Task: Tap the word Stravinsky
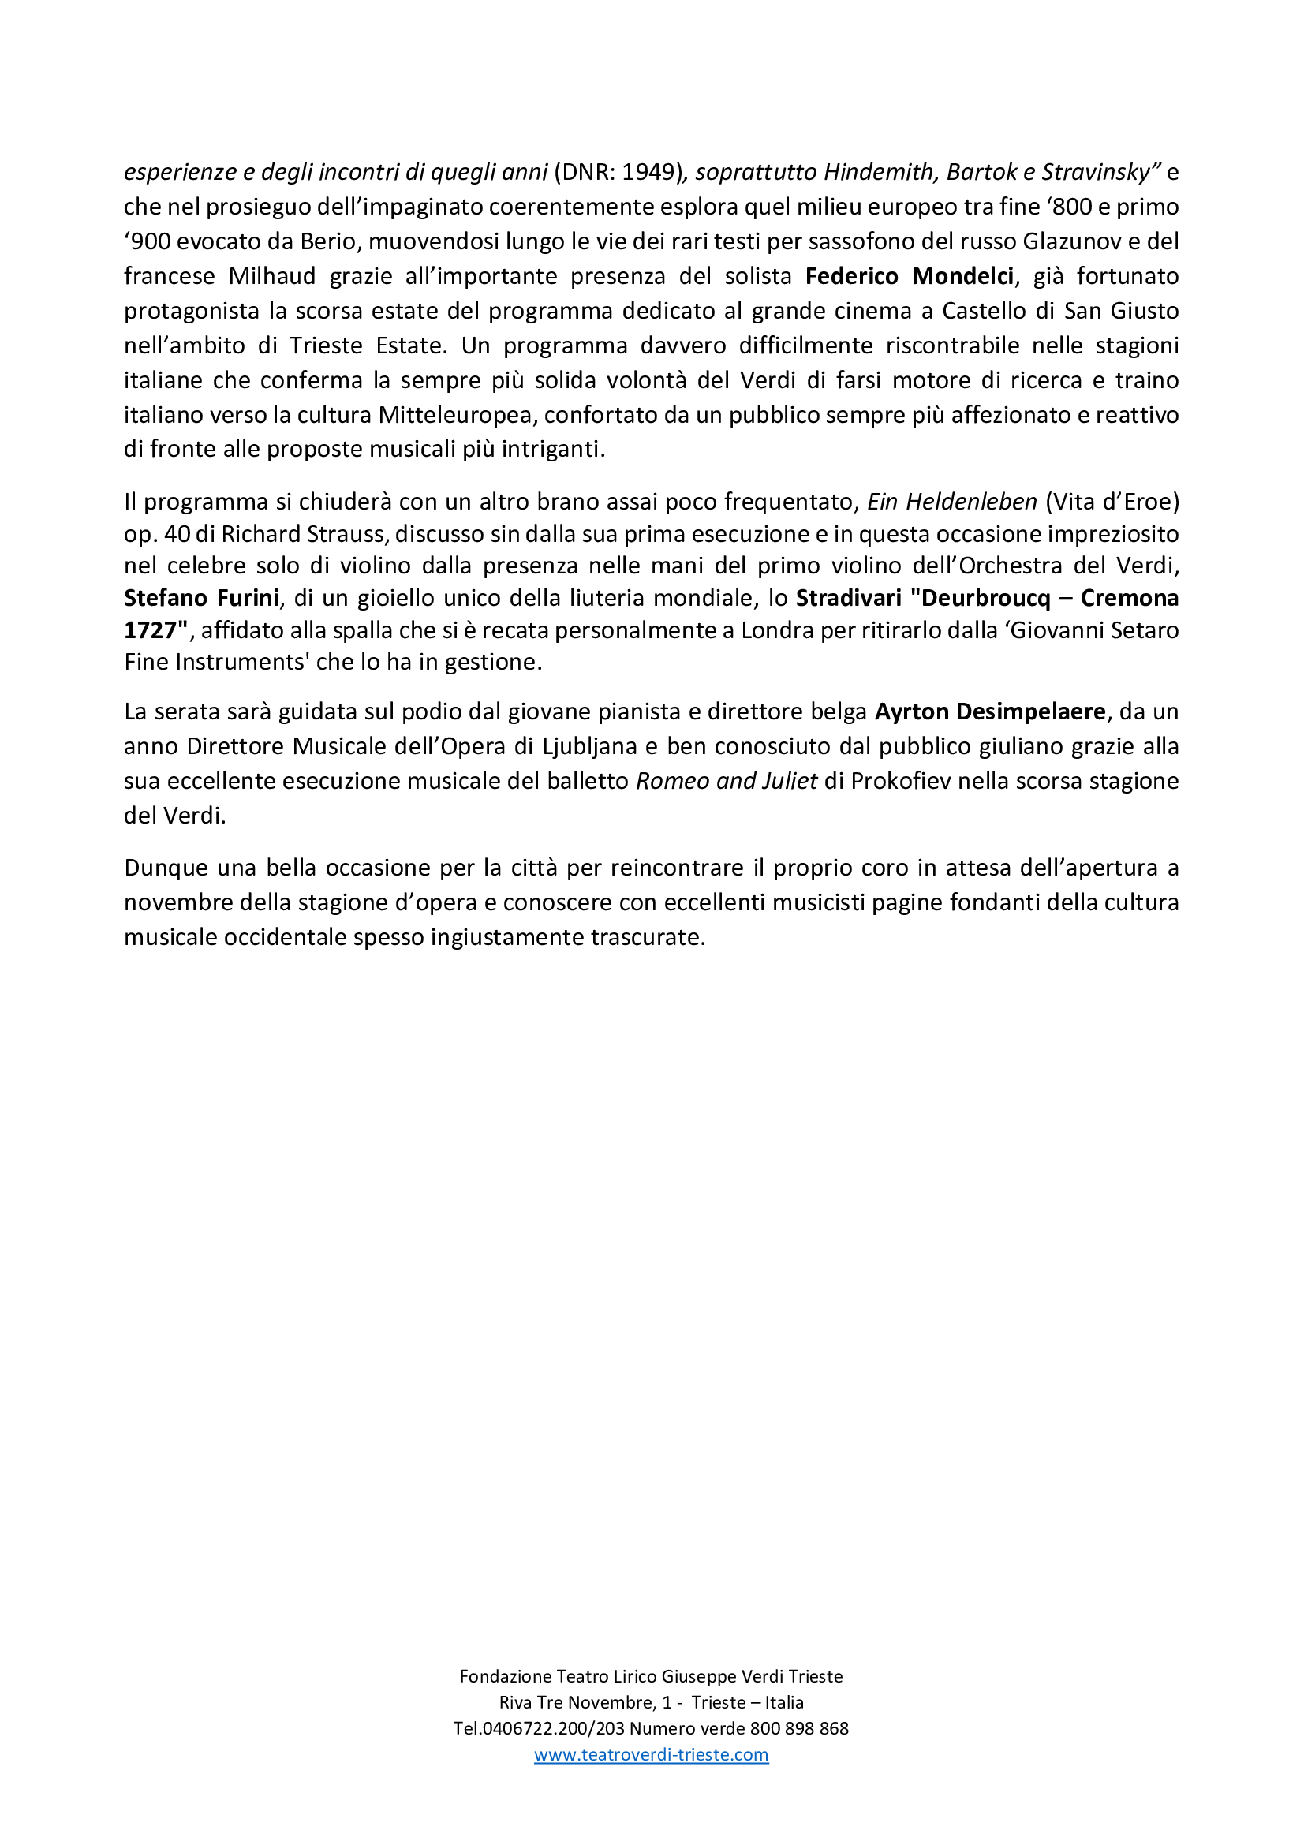coord(1101,172)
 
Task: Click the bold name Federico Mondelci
coord(910,275)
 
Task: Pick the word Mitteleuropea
coord(454,415)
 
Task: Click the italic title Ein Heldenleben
coord(952,502)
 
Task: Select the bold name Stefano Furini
coord(201,598)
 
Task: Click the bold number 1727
coord(150,630)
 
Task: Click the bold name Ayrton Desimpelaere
coord(990,711)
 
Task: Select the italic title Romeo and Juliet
coord(727,780)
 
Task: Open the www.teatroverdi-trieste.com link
coord(651,1754)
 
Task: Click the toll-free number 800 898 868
coord(798,1727)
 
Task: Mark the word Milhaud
coord(271,275)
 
